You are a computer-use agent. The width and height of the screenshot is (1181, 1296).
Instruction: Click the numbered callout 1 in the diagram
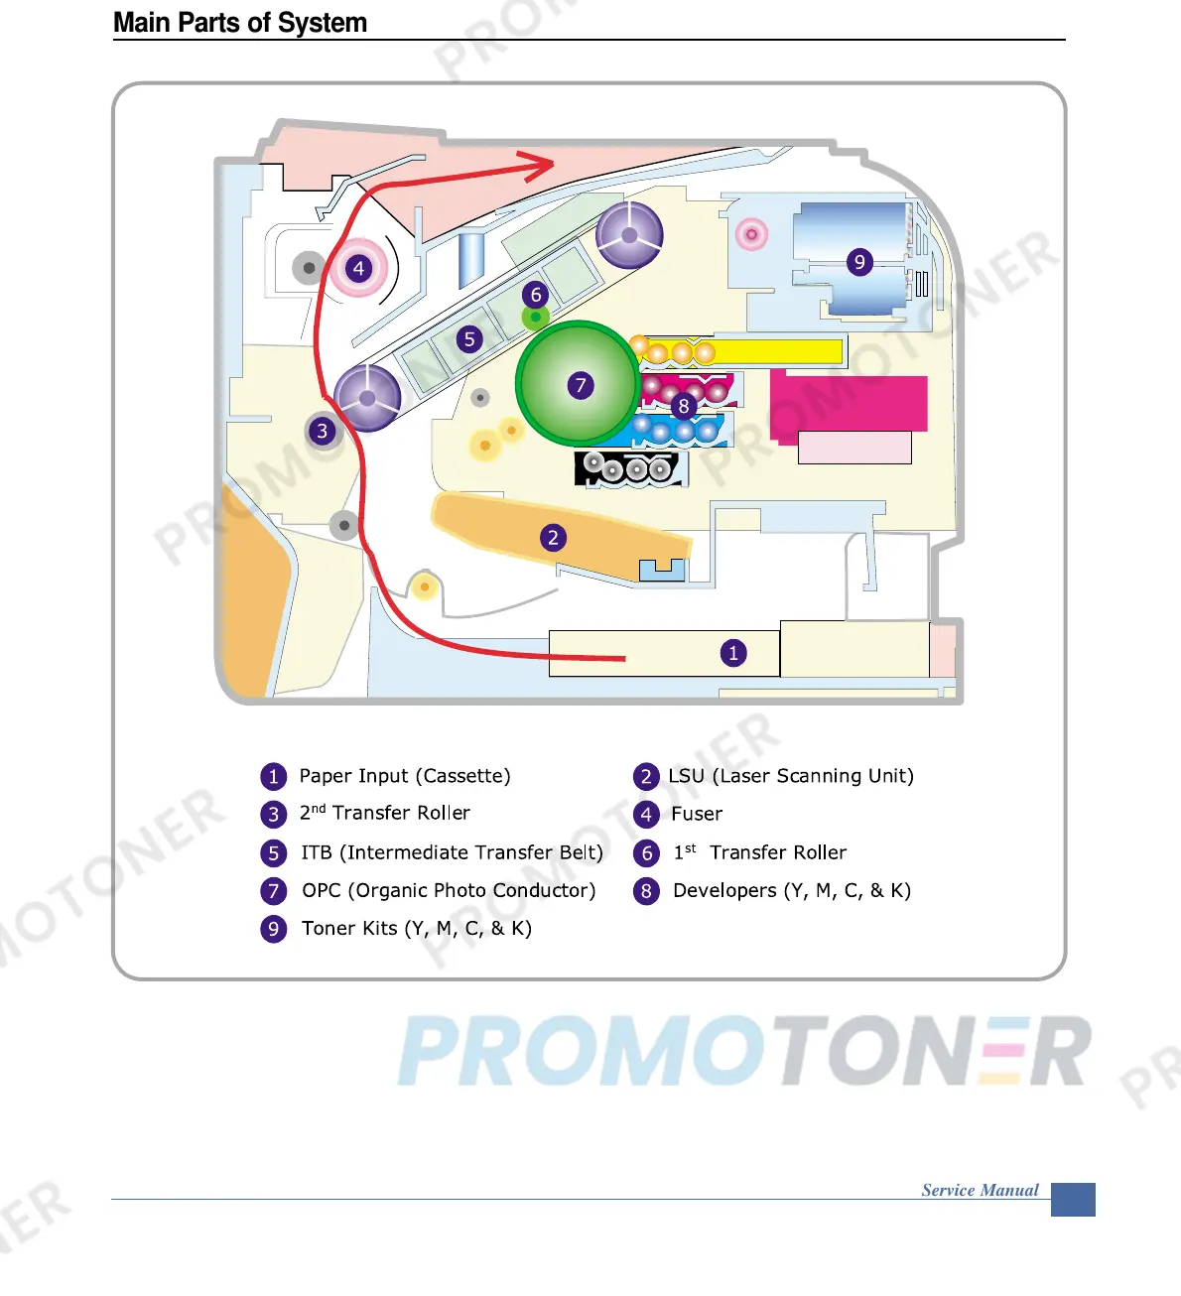coord(733,653)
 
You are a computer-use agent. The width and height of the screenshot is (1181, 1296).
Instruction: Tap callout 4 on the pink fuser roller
coord(359,268)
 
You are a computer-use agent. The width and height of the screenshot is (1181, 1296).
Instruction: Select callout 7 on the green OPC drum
coord(581,385)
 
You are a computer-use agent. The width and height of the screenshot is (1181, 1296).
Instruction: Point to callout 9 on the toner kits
coord(859,262)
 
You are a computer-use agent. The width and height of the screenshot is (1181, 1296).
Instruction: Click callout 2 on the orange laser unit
coord(554,538)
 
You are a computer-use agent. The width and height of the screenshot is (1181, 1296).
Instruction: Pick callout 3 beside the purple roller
coord(322,431)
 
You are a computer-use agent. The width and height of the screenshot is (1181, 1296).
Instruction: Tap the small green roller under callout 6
coord(536,318)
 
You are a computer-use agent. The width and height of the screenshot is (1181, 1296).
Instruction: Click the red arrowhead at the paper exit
coord(541,167)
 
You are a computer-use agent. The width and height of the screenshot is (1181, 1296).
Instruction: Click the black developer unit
coord(631,468)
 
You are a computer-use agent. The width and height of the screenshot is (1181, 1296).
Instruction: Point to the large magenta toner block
coord(849,403)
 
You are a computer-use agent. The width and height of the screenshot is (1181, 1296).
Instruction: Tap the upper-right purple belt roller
coord(629,235)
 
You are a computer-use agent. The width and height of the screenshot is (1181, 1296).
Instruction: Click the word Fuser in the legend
coord(697,815)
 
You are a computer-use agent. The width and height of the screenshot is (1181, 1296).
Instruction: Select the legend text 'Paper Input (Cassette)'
coord(405,776)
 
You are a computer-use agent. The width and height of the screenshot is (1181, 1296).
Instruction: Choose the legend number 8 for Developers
coord(646,891)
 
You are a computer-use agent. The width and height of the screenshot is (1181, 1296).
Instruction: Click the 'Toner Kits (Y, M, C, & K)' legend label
coord(417,929)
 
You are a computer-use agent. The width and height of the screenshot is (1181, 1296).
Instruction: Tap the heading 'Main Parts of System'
coord(240,23)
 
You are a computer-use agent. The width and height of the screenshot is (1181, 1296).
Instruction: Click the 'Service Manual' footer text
coord(980,1190)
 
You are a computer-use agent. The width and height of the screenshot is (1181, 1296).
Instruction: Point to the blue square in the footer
coord(1073,1199)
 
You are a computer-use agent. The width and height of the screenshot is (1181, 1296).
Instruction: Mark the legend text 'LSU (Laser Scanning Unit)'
coord(791,776)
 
